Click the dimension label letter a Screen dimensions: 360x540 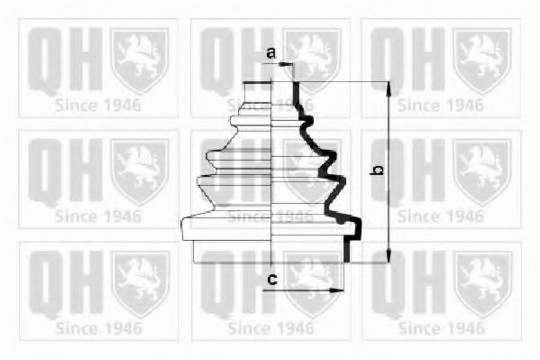(x=271, y=53)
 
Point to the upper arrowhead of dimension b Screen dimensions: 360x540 (x=389, y=88)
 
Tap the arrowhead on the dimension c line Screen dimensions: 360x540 (x=340, y=291)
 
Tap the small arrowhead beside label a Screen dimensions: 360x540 (x=288, y=64)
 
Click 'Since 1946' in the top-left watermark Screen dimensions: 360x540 (x=97, y=105)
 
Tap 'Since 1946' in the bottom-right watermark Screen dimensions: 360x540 (x=440, y=328)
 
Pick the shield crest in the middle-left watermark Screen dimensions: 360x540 (x=139, y=170)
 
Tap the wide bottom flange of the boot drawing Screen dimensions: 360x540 (x=270, y=229)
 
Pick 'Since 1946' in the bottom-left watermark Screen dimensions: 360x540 (x=97, y=328)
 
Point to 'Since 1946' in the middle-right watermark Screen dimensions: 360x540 (x=440, y=217)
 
